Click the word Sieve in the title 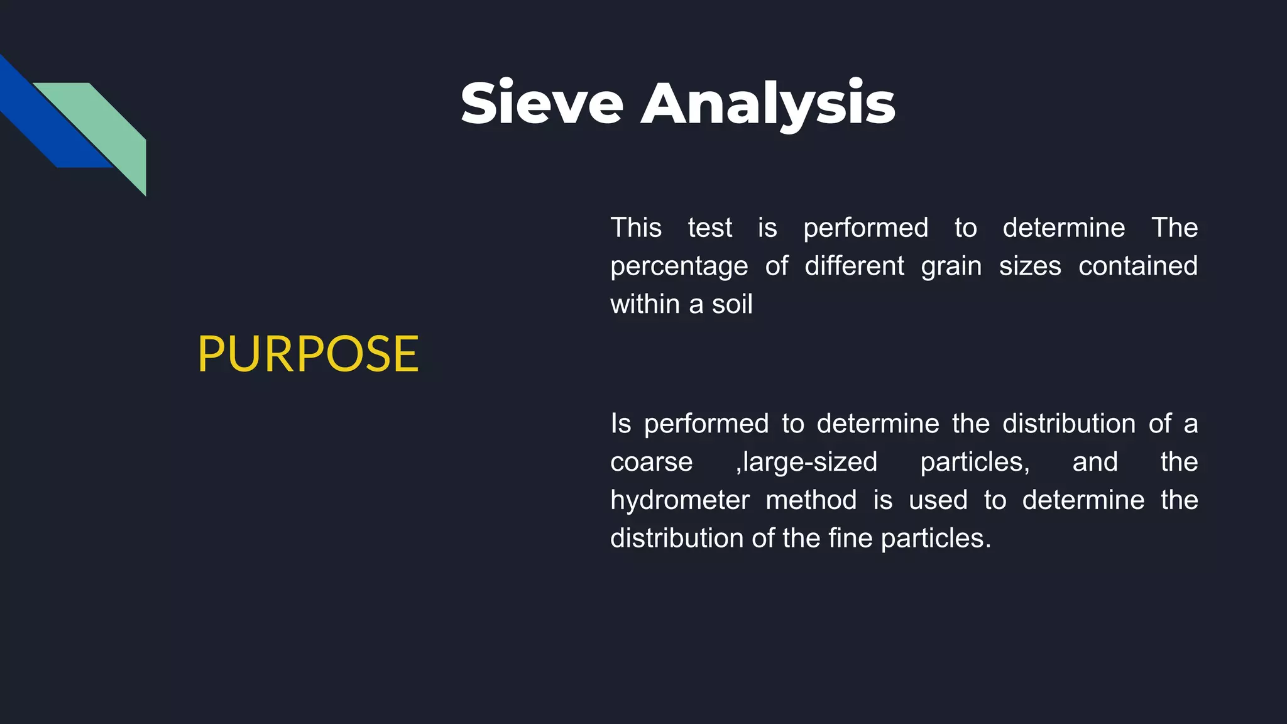(x=542, y=103)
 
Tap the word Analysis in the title (x=768, y=104)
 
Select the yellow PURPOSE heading (x=308, y=354)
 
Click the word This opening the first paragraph (x=636, y=228)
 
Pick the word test (x=709, y=228)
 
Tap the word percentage (x=679, y=266)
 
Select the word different (x=854, y=266)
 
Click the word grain (x=951, y=266)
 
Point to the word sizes (x=1030, y=266)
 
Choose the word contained (x=1138, y=266)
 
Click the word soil (x=732, y=304)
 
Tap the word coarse (x=651, y=463)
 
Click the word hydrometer (x=680, y=501)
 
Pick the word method (x=811, y=500)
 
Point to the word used (x=938, y=501)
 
